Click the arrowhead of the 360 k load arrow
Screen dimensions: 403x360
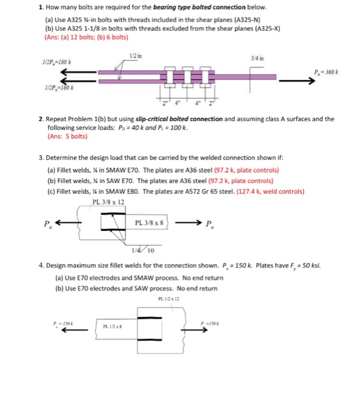[313, 82]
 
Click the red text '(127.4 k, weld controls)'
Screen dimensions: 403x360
[262, 191]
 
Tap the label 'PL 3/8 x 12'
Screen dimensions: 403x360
[108, 201]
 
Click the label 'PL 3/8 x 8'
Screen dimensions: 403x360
[149, 222]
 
